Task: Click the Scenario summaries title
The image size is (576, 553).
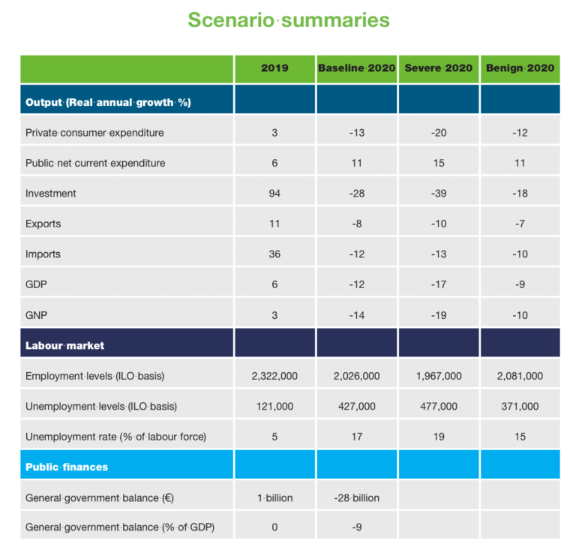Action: click(x=288, y=20)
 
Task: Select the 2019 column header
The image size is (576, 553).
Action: click(x=274, y=68)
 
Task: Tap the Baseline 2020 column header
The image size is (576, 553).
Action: click(x=356, y=68)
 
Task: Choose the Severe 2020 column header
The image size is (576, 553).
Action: click(x=439, y=68)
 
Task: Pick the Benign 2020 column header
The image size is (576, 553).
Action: click(x=520, y=68)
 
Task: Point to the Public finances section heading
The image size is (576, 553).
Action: click(x=67, y=467)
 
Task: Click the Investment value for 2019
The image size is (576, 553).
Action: click(x=274, y=194)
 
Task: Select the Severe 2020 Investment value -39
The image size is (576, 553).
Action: click(x=439, y=194)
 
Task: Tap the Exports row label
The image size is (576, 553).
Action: click(x=43, y=224)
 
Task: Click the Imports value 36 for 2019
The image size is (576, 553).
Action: click(x=274, y=254)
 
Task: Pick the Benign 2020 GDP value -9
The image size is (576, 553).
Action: click(x=520, y=285)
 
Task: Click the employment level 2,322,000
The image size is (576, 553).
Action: click(x=274, y=376)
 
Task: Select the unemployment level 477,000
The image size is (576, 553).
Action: click(x=439, y=407)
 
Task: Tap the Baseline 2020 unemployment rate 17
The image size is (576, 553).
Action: click(x=356, y=437)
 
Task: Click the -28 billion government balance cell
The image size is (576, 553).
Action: click(x=356, y=497)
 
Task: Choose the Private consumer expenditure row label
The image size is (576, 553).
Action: click(x=94, y=133)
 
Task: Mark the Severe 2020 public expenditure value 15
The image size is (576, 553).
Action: click(x=439, y=163)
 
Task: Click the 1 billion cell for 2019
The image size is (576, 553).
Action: click(x=274, y=497)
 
